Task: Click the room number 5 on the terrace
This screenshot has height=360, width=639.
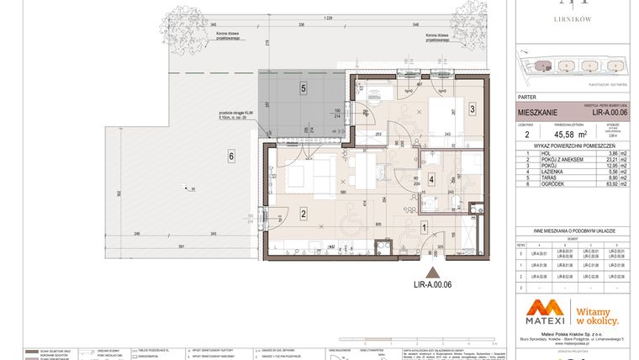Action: pyautogui.click(x=303, y=87)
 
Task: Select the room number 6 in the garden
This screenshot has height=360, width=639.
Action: pyautogui.click(x=228, y=155)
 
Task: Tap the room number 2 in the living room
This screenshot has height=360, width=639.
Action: pyautogui.click(x=301, y=214)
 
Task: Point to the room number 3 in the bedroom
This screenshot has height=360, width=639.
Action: pyautogui.click(x=473, y=109)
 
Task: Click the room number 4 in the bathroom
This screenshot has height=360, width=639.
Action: pyautogui.click(x=430, y=179)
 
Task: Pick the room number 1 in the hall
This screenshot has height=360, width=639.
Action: pyautogui.click(x=425, y=226)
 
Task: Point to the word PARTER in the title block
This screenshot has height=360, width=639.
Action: pyautogui.click(x=528, y=97)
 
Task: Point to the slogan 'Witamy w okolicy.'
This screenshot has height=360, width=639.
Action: pyautogui.click(x=596, y=315)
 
